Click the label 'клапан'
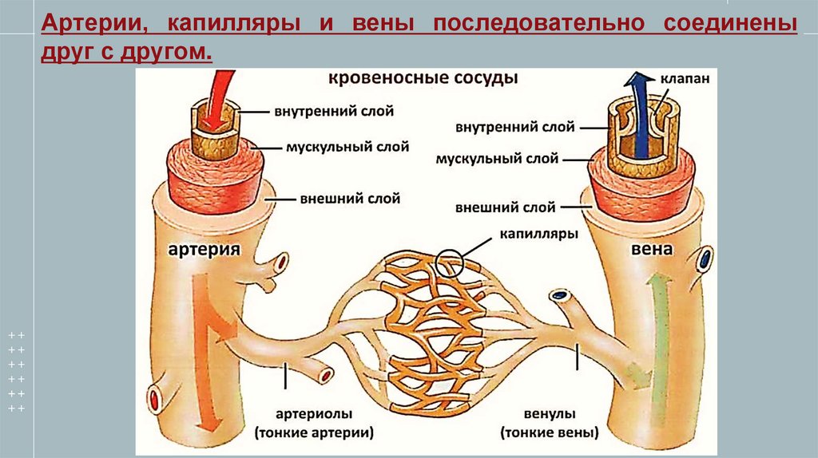click(685, 80)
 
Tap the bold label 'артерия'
click(204, 250)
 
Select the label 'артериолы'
click(313, 415)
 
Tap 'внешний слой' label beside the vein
click(505, 207)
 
